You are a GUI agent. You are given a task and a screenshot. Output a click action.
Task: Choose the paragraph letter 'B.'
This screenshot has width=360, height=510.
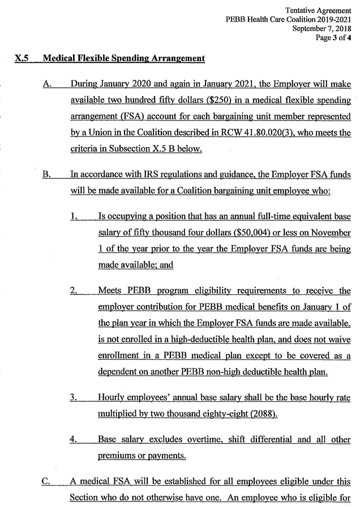(48, 174)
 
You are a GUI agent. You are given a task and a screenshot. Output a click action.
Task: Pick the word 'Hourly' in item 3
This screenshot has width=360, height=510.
(112, 397)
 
